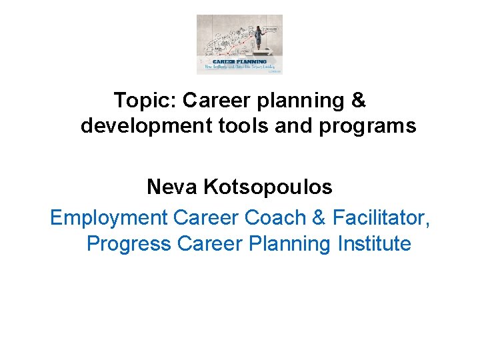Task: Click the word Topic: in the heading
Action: [x=145, y=101]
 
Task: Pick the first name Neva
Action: [x=172, y=187]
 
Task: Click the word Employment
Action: [x=109, y=218]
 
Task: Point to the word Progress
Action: [x=129, y=244]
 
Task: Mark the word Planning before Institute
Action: [x=290, y=244]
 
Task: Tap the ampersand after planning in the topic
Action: [x=359, y=101]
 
